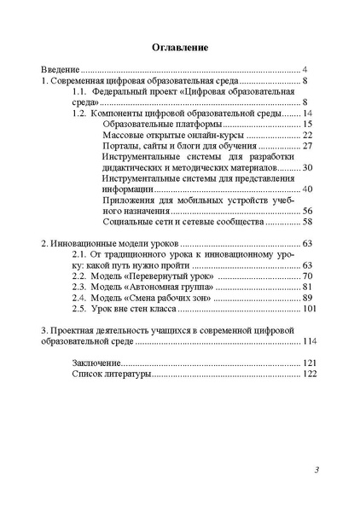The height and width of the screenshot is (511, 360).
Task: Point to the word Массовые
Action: coord(122,135)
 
